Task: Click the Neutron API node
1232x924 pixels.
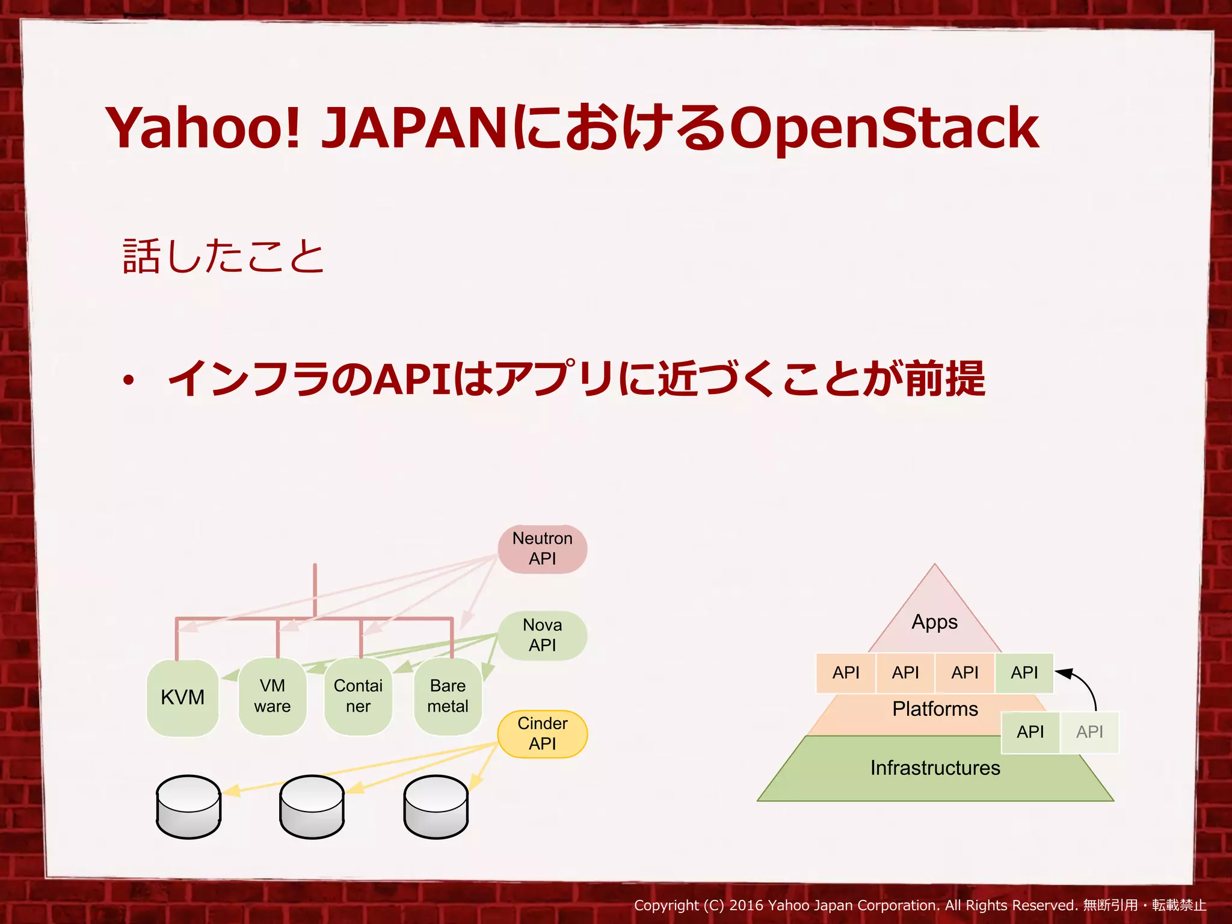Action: click(x=542, y=549)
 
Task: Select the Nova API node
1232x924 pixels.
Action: click(x=542, y=635)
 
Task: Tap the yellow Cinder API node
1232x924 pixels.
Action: click(x=542, y=734)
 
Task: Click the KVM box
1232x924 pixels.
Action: click(x=182, y=698)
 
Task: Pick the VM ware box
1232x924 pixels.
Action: click(x=273, y=697)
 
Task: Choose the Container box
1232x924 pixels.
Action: click(x=358, y=697)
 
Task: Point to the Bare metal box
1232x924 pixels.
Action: click(x=448, y=697)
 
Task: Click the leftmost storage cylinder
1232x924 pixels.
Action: click(x=188, y=807)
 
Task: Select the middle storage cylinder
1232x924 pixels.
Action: click(x=312, y=807)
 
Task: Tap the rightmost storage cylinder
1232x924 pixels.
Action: click(x=436, y=807)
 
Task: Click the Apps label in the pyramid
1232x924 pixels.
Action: click(x=934, y=622)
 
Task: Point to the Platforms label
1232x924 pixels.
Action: click(x=935, y=709)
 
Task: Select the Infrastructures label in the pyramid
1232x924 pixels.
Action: click(x=935, y=768)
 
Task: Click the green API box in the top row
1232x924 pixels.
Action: click(x=1024, y=673)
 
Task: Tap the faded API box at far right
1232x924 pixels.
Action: click(x=1089, y=732)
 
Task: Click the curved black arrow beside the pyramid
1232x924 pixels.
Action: click(x=1083, y=686)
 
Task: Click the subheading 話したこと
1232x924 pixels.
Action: click(x=223, y=257)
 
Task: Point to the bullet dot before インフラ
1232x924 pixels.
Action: click(x=128, y=381)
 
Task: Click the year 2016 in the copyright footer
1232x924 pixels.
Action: click(x=746, y=905)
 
